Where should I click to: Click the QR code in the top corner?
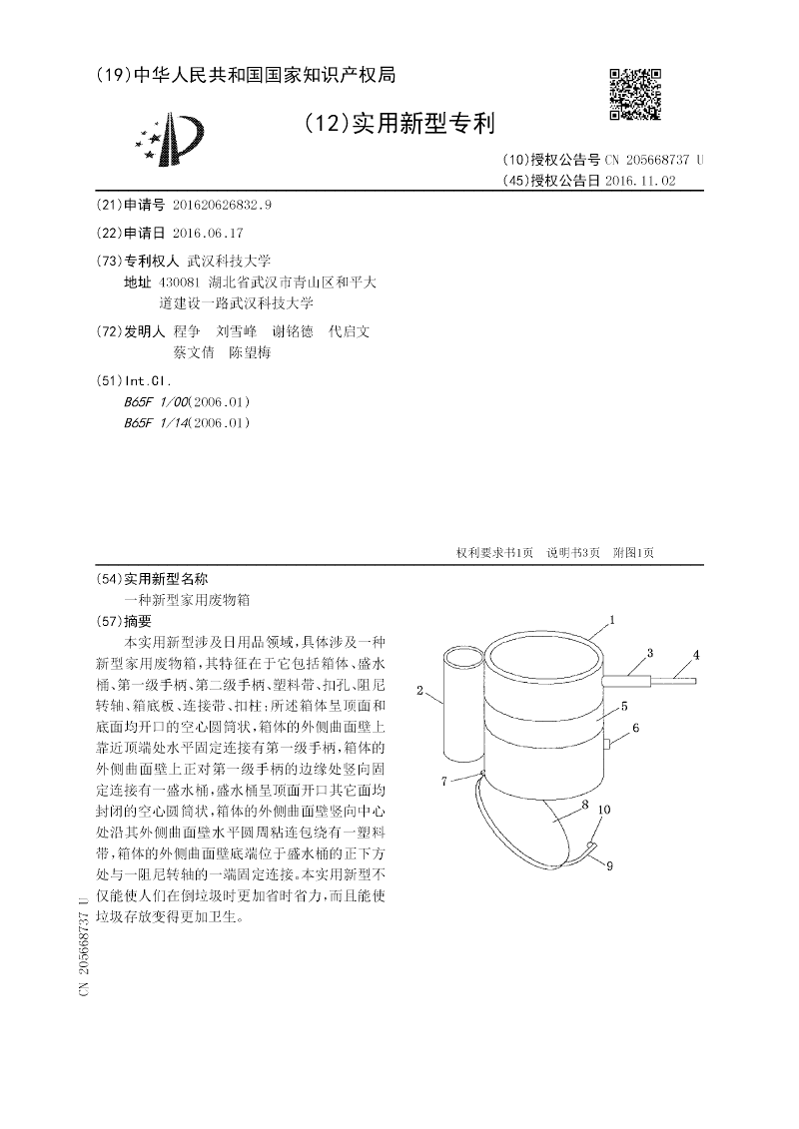[635, 94]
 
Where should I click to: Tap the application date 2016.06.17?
[208, 233]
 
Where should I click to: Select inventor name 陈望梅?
[250, 352]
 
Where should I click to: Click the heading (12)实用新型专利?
[399, 124]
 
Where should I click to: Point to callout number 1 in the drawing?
[611, 620]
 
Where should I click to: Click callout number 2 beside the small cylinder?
[420, 689]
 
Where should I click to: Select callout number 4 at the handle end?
[697, 655]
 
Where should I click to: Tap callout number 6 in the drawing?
[635, 730]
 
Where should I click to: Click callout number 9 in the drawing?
[608, 864]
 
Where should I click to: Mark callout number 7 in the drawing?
[444, 782]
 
